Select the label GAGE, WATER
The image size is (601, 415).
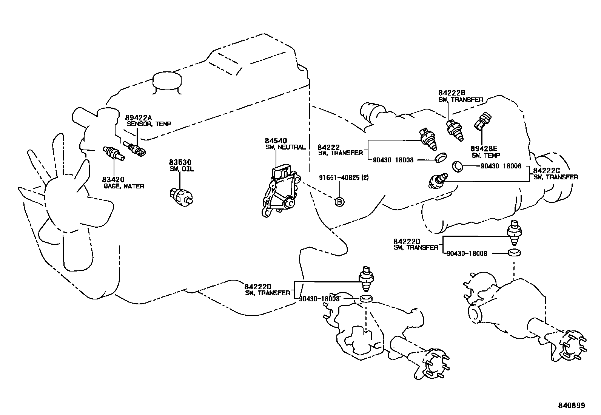pos(123,186)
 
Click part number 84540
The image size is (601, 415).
pos(276,141)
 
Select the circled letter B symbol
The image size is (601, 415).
pos(339,202)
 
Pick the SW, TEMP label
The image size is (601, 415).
pos(485,155)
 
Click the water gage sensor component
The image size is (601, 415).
pos(113,153)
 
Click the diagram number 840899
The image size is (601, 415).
pos(571,406)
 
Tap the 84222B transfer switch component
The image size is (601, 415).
pos(455,130)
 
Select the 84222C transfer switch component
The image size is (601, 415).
pos(438,181)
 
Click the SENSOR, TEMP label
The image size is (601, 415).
pos(148,123)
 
